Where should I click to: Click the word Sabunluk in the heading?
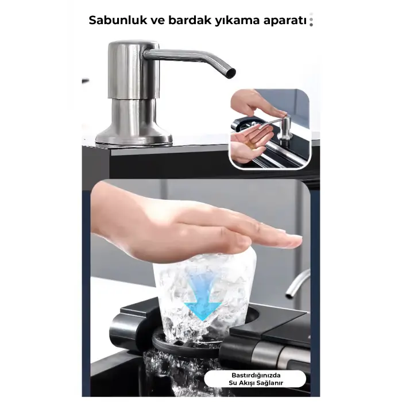(116, 21)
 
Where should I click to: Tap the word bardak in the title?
(180, 21)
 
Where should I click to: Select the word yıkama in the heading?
(224, 21)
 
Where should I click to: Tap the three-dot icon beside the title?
(311, 21)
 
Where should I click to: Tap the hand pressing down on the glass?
(190, 224)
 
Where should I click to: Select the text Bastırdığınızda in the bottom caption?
(247, 374)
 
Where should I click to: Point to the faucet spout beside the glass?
(296, 284)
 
